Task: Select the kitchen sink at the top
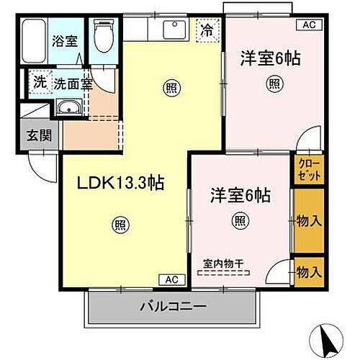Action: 174,30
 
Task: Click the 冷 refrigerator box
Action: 207,30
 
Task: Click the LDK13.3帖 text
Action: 121,183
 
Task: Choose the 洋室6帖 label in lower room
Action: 240,194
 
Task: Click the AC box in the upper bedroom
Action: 309,26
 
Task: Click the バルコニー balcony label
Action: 173,308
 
